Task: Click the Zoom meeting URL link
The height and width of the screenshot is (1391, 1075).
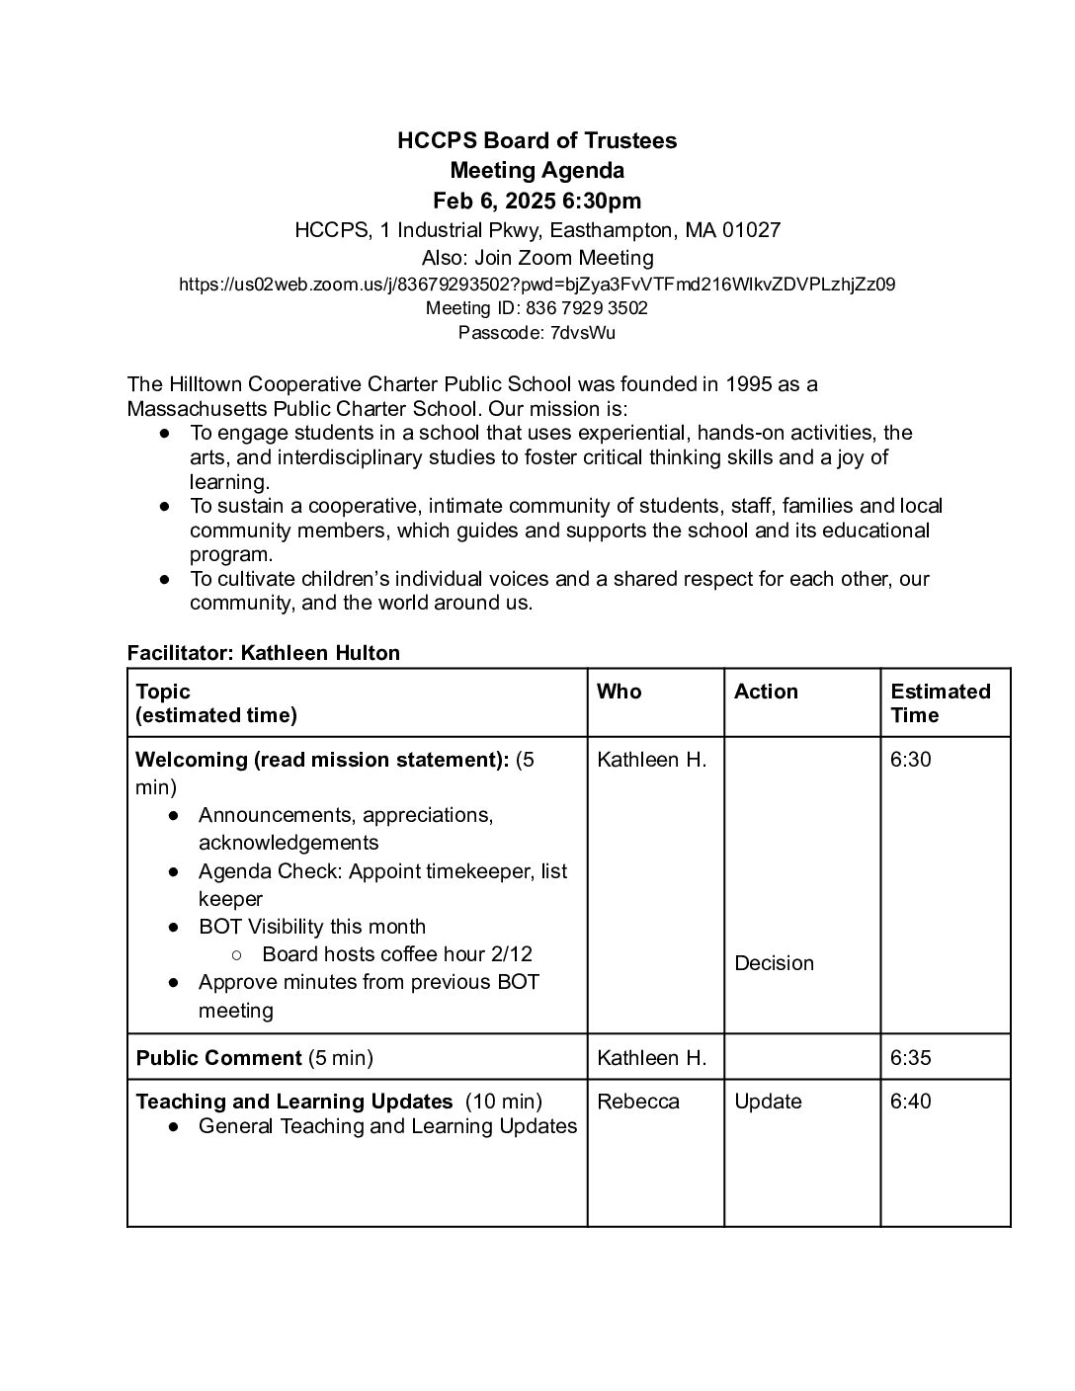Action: point(537,285)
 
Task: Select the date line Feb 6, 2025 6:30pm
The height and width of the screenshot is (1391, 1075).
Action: point(537,202)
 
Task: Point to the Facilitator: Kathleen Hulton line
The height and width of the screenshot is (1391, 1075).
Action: point(264,653)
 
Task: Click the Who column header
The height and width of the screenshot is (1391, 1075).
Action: point(619,692)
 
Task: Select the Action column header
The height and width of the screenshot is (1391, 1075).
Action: point(766,692)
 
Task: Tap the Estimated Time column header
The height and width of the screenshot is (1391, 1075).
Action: point(940,703)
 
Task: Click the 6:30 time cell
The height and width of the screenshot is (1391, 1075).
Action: point(910,760)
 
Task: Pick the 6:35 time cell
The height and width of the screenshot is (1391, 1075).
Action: point(910,1058)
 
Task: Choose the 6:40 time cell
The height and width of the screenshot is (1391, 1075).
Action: point(910,1102)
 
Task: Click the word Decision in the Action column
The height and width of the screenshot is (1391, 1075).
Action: point(774,963)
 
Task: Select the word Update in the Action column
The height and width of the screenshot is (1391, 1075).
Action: point(768,1102)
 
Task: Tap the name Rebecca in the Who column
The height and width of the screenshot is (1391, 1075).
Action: point(638,1102)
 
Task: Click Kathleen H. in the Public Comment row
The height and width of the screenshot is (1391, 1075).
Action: point(652,1058)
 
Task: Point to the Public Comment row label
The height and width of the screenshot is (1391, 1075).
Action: point(218,1058)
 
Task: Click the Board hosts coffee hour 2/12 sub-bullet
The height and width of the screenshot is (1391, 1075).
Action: point(397,954)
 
